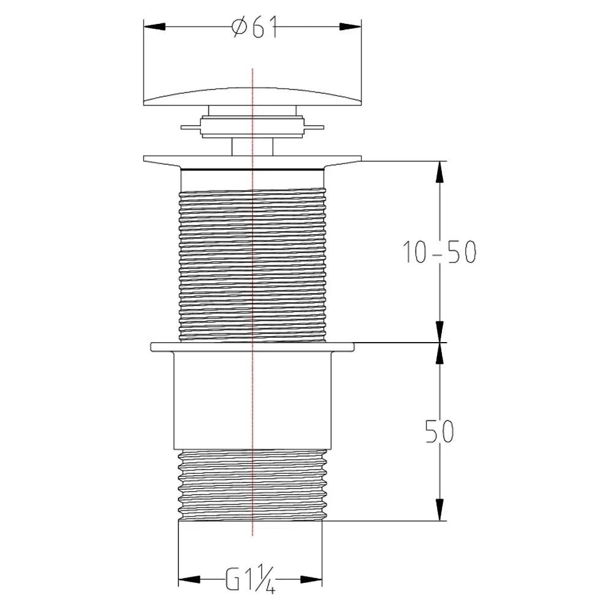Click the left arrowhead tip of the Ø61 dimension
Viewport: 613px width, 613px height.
(x=144, y=26)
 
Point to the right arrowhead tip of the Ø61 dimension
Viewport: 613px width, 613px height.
(x=361, y=26)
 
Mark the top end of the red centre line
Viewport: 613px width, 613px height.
(x=253, y=69)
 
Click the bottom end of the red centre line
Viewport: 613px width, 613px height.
(x=253, y=536)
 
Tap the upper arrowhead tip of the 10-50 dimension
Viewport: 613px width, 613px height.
(x=440, y=161)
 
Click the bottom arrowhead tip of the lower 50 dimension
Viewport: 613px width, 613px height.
(x=440, y=520)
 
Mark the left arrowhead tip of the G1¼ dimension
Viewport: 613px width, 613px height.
(x=178, y=579)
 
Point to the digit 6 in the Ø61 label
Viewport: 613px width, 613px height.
(x=258, y=28)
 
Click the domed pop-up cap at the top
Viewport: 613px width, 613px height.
(x=253, y=97)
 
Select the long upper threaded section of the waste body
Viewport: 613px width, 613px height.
(x=253, y=266)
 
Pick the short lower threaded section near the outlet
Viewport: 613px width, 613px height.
(x=253, y=485)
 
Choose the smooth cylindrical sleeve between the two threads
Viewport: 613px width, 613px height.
(x=253, y=400)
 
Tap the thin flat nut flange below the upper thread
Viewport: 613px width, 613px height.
(x=253, y=347)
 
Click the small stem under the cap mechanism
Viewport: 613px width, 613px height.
(x=253, y=147)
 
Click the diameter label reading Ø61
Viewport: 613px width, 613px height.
(x=254, y=28)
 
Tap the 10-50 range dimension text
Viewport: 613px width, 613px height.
(x=440, y=252)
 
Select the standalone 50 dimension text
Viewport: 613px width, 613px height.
(x=440, y=431)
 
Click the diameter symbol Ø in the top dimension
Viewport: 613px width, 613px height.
(x=240, y=28)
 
